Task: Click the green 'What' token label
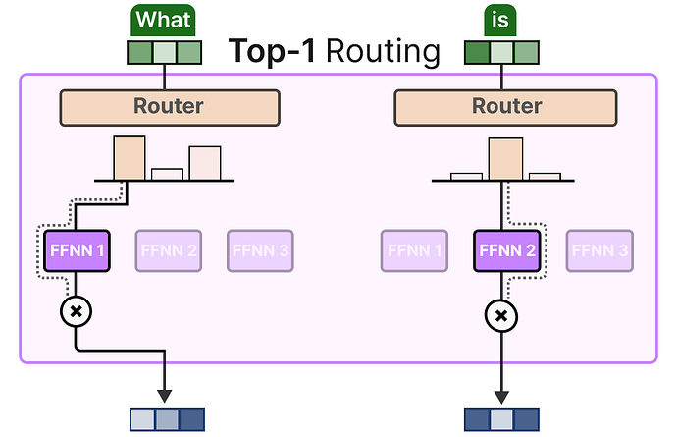tap(163, 20)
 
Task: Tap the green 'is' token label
tap(500, 20)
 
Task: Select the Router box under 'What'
tap(170, 108)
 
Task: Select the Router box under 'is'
tap(505, 108)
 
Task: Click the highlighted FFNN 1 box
tap(77, 250)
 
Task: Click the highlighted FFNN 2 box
tap(507, 250)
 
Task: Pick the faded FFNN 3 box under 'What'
tap(260, 250)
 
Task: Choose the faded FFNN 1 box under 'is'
tap(414, 250)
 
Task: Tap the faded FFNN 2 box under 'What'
tap(169, 250)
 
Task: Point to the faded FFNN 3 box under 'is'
tap(599, 250)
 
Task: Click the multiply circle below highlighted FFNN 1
tap(76, 311)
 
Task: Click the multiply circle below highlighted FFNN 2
tap(501, 316)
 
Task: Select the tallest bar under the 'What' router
tap(130, 158)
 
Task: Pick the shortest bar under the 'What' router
tap(167, 174)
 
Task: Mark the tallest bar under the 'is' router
tap(505, 159)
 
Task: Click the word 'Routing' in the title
tap(383, 52)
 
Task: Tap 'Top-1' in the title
tap(272, 51)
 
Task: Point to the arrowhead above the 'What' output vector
tap(165, 396)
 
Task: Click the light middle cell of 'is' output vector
tap(501, 419)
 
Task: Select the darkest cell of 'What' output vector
tap(191, 419)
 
